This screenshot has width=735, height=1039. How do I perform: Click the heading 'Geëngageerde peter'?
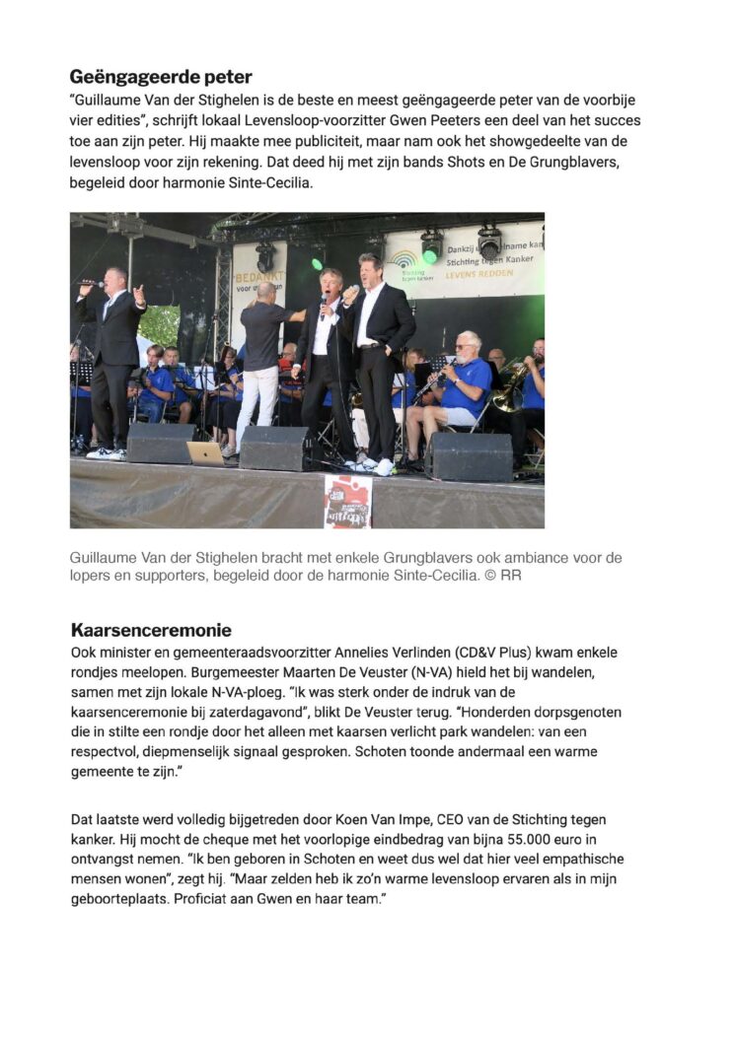coord(161,76)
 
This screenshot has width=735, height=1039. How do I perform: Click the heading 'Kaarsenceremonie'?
coord(151,630)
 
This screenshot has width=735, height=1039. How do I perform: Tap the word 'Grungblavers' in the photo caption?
coord(405,558)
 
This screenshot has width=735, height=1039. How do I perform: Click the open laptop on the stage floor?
coord(206,453)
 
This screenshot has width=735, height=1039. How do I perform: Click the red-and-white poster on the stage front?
coord(347,502)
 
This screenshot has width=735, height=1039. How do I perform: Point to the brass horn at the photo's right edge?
coord(511,384)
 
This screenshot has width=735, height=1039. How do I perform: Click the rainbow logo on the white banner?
coord(403,260)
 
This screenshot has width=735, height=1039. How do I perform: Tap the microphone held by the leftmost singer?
coord(92,284)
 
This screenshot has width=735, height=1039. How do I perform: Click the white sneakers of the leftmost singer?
coord(106,453)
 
